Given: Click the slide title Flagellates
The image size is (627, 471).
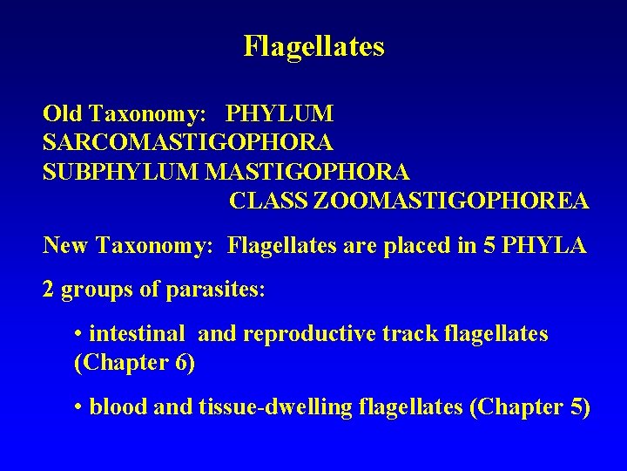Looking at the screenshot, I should [x=313, y=46].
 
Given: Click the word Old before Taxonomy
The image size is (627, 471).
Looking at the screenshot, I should [x=61, y=114].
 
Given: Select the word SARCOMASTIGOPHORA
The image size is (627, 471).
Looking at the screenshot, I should [x=187, y=142].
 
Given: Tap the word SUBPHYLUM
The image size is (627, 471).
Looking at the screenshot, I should [x=121, y=172].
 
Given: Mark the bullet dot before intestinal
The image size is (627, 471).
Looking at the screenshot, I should [x=79, y=335].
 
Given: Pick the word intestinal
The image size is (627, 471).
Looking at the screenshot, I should [x=137, y=334].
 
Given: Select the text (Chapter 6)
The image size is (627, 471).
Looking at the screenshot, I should [x=135, y=363].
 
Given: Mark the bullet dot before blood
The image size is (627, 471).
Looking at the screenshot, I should [x=79, y=408].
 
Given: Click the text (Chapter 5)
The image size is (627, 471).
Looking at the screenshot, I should [x=529, y=407].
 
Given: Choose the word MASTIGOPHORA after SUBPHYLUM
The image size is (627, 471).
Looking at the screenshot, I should [x=307, y=172].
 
